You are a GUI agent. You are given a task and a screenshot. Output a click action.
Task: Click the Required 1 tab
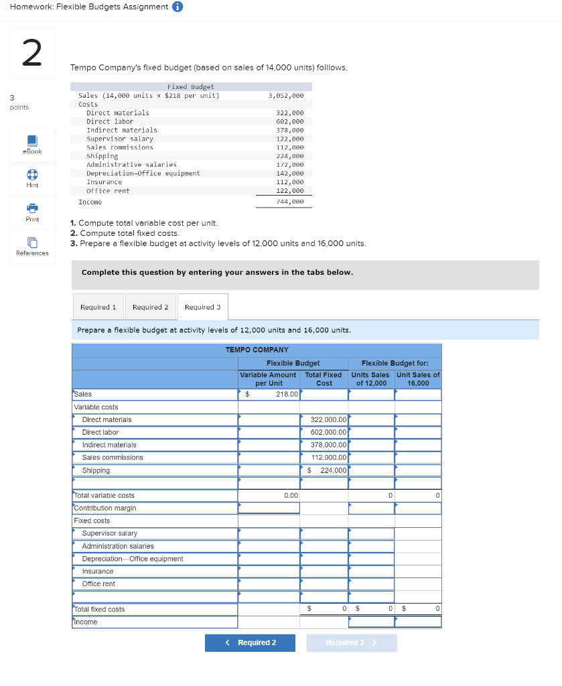98,307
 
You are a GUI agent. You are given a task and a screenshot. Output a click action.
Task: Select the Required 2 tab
150,307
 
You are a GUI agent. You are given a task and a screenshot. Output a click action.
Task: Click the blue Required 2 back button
249,642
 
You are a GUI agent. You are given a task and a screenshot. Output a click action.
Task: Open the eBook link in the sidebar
32,144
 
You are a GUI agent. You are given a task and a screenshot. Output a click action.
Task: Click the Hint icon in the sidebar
32,178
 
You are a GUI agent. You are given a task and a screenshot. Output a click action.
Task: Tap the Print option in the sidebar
32,212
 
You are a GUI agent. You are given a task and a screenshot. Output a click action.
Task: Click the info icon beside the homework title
178,7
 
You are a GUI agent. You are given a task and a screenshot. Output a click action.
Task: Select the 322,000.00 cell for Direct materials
324,419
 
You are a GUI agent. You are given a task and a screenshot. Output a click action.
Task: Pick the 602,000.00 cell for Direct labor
324,432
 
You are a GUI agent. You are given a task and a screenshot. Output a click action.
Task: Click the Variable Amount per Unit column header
268,379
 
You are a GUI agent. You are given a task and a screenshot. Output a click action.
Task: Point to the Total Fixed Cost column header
324,379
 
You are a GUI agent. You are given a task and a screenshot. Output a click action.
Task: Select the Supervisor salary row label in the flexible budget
110,533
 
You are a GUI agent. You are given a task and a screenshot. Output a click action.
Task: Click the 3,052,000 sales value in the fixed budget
285,96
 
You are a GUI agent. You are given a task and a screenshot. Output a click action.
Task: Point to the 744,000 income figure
290,201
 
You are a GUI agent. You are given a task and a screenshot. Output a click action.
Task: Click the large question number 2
31,53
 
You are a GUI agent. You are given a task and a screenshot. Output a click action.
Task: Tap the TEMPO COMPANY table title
257,350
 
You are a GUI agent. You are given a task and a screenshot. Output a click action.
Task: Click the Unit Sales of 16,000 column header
418,379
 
